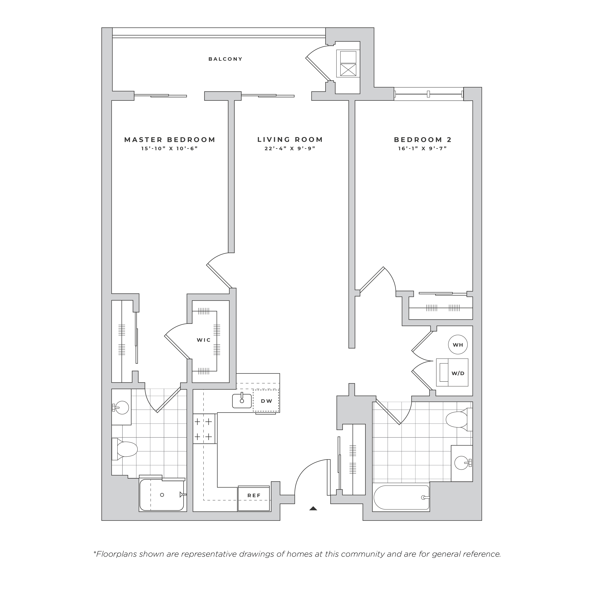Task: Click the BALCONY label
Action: (x=225, y=59)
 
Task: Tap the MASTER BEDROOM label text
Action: (x=170, y=140)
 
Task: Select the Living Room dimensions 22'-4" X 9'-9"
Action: (x=290, y=148)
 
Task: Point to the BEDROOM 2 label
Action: (x=423, y=140)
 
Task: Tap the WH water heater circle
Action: (x=458, y=345)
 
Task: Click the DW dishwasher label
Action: (x=266, y=401)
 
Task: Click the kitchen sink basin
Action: (x=242, y=401)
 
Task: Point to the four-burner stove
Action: (x=204, y=429)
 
